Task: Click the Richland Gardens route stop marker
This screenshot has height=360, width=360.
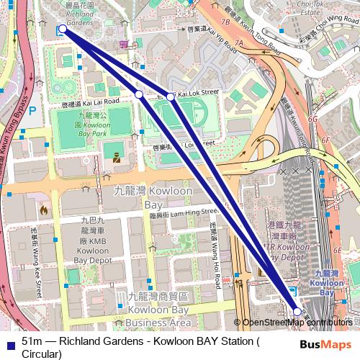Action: coord(63,29)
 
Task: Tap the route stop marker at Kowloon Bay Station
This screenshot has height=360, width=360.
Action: coord(297,311)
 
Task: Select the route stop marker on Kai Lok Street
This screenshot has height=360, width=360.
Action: coord(171,96)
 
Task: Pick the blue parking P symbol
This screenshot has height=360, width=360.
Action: coord(31,111)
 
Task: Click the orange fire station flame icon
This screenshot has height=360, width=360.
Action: coord(44,212)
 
